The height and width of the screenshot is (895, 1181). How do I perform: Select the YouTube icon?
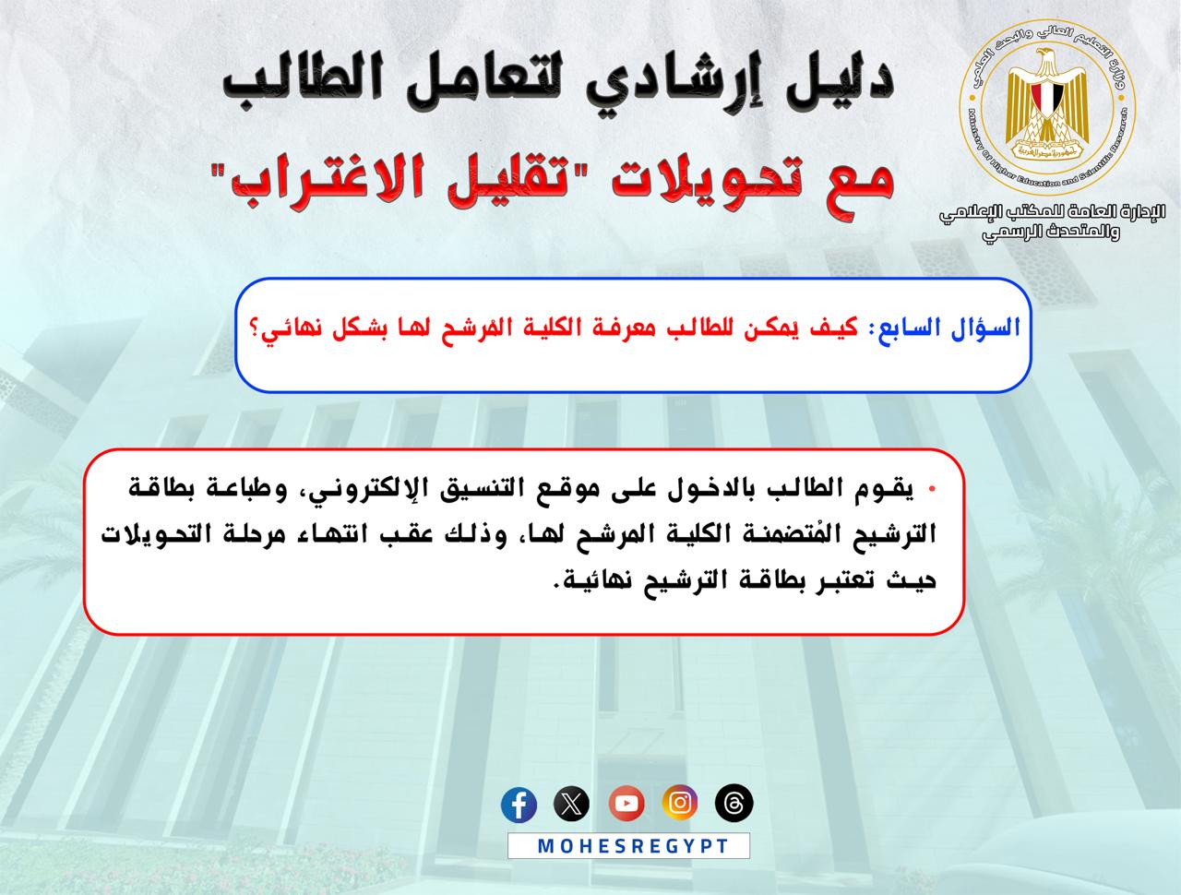tap(626, 804)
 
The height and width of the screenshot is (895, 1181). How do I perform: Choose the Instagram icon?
tap(680, 803)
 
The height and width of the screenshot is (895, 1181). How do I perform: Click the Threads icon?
tap(734, 803)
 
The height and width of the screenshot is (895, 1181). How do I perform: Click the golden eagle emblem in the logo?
tap(1046, 105)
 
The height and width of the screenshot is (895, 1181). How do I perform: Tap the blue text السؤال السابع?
tap(949, 328)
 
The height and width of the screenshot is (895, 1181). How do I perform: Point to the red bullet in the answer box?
tap(932, 489)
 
